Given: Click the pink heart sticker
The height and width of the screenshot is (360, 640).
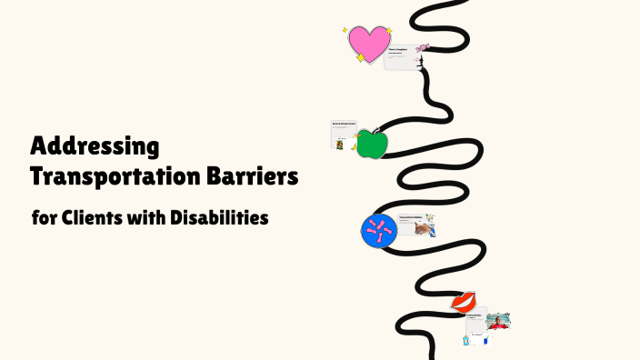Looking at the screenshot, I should pyautogui.click(x=369, y=43).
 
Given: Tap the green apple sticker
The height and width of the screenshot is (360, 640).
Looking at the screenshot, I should pyautogui.click(x=371, y=145).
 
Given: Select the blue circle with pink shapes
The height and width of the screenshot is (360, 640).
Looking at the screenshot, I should pyautogui.click(x=378, y=231).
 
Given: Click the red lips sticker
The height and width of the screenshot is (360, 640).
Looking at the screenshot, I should pyautogui.click(x=463, y=301).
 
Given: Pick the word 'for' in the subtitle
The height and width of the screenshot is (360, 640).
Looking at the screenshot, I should pyautogui.click(x=43, y=219).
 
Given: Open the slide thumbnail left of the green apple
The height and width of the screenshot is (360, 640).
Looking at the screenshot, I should pyautogui.click(x=344, y=135).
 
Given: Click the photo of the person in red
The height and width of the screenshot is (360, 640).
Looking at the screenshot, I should pyautogui.click(x=497, y=321).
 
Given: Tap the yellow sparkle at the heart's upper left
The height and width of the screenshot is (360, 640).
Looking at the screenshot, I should pyautogui.click(x=345, y=30).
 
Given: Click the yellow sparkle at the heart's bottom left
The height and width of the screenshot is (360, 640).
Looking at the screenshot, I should pyautogui.click(x=360, y=58).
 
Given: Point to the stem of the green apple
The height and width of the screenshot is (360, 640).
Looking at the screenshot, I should pyautogui.click(x=372, y=130).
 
